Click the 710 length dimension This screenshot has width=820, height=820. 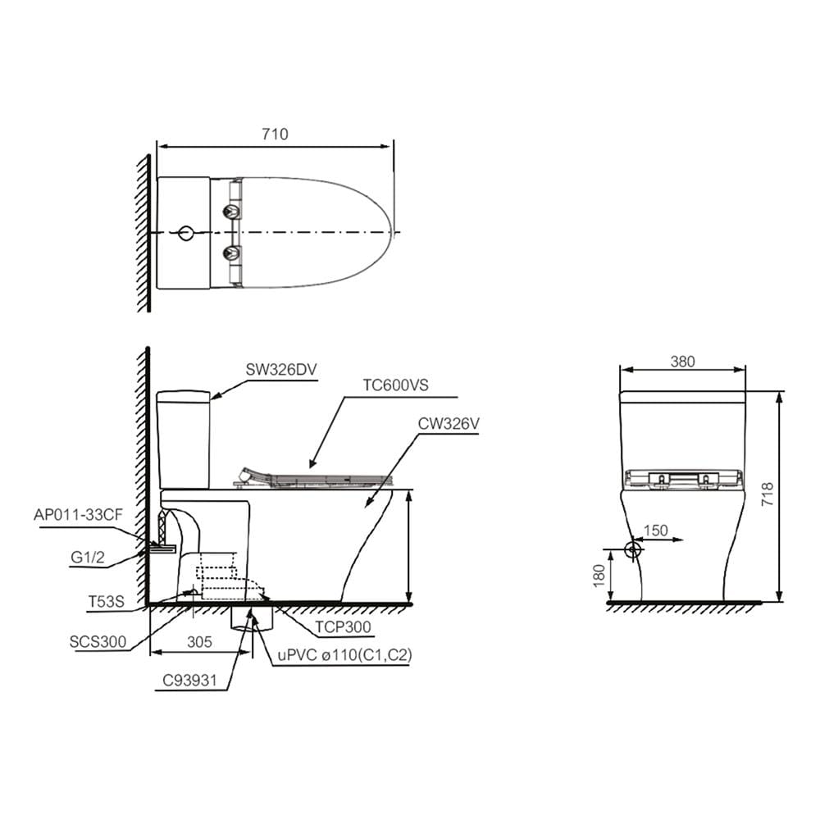coord(275,134)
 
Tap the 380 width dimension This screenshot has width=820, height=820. coord(682,362)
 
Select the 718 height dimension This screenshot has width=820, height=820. coord(768,494)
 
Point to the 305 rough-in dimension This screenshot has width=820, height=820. coord(199,642)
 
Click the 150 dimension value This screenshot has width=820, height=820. coord(655,531)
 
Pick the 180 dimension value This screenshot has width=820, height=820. coord(599,576)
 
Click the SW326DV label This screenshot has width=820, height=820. coord(281,370)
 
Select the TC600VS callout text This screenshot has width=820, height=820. coord(395,385)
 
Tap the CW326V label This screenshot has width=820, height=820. coord(449,424)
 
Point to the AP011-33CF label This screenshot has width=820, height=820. coord(79,515)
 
